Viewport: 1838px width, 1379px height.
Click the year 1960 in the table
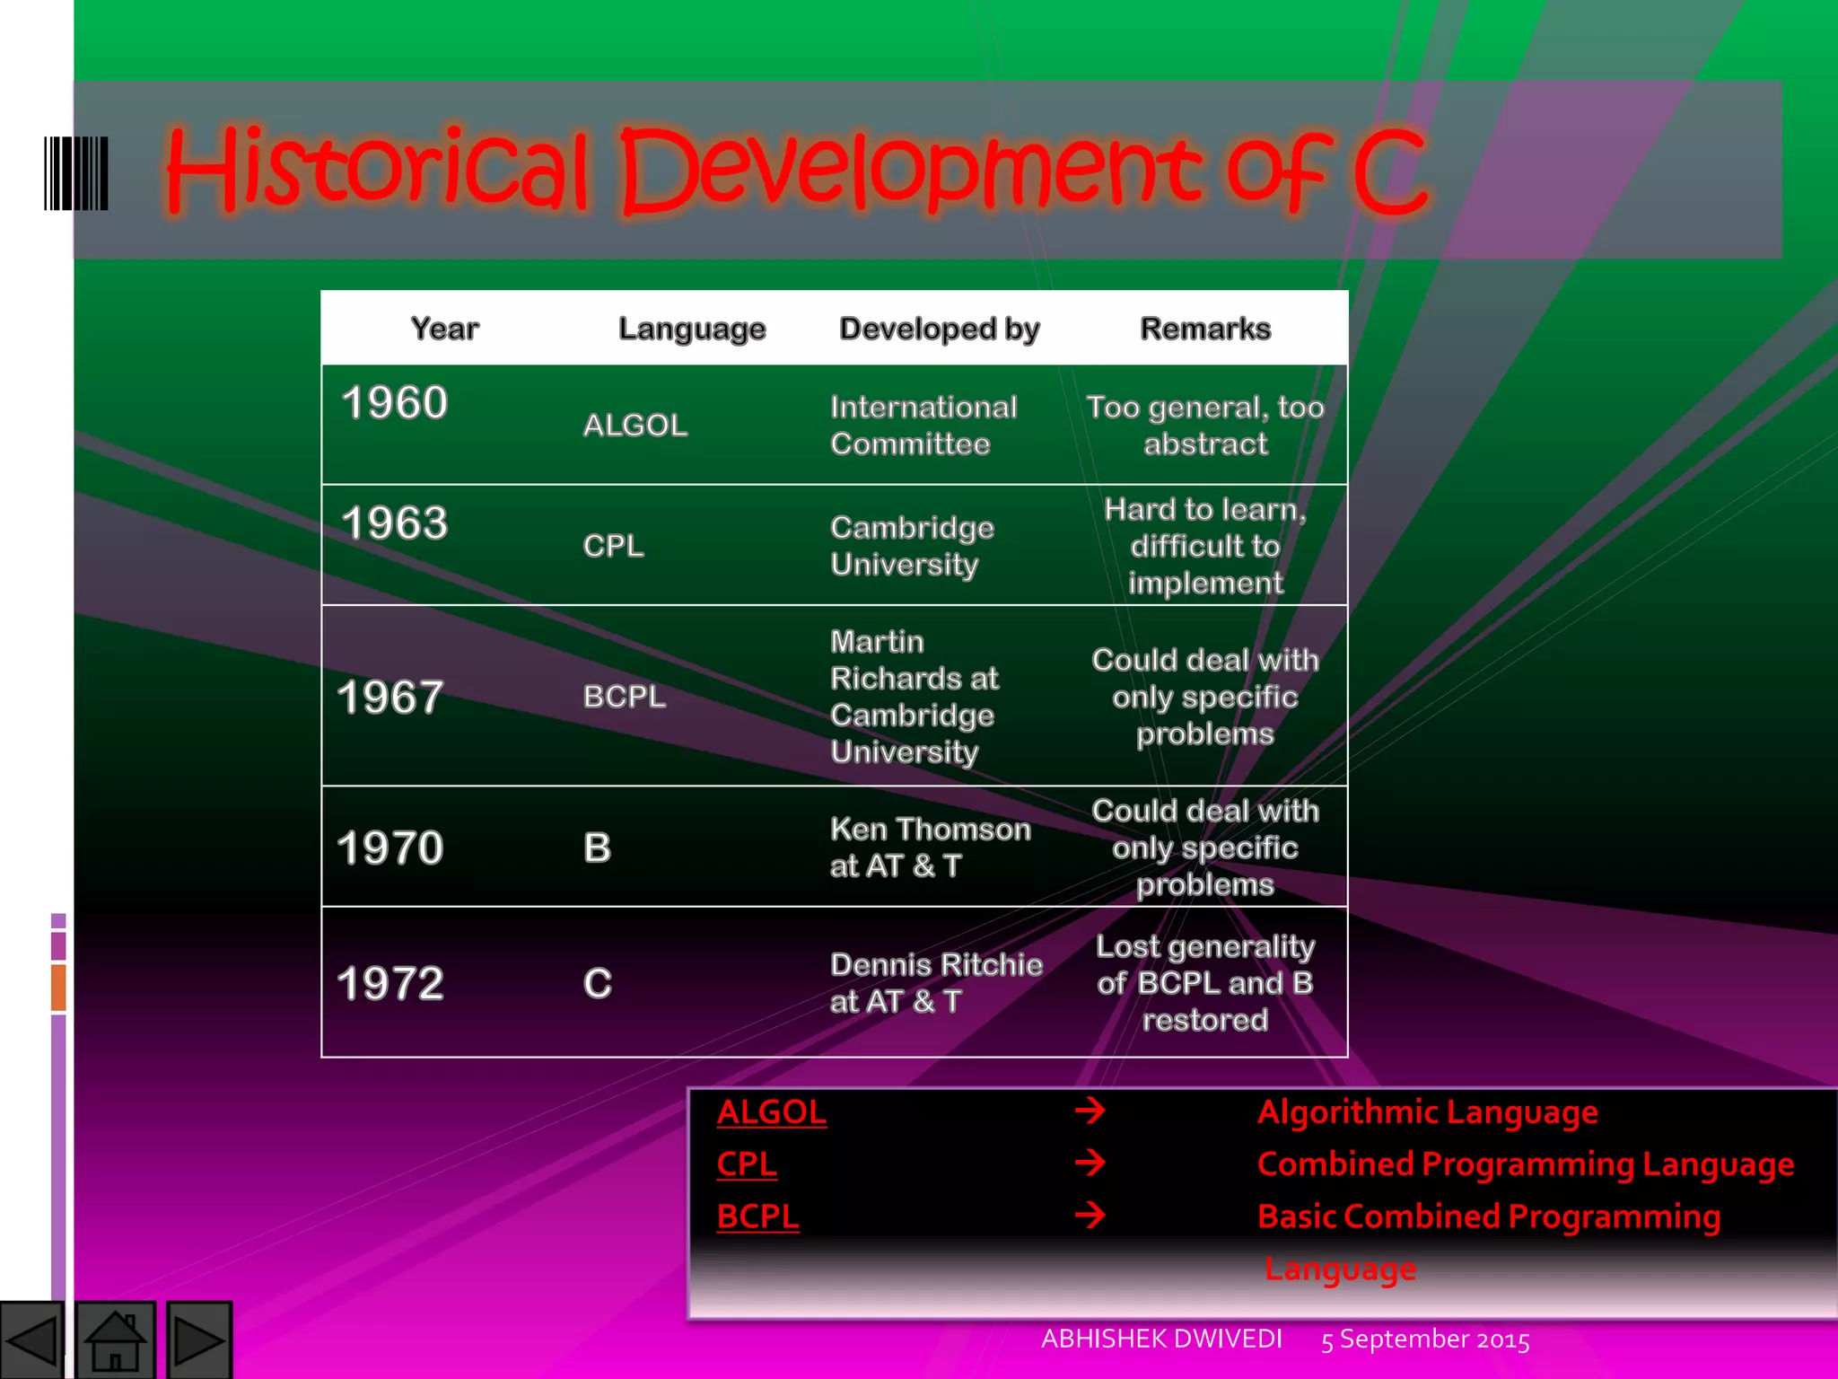[395, 402]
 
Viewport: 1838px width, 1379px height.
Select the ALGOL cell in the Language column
[635, 425]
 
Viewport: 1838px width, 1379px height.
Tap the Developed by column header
[939, 329]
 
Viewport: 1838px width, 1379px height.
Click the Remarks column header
[1205, 329]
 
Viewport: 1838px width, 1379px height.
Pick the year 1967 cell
[390, 697]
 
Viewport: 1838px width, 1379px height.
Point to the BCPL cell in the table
[625, 696]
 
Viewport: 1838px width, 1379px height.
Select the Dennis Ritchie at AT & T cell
[935, 982]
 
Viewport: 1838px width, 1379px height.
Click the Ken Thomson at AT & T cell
[930, 847]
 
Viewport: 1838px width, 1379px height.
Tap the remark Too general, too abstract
[1205, 425]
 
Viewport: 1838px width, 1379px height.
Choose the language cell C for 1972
[598, 983]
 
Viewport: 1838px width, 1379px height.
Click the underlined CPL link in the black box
[746, 1164]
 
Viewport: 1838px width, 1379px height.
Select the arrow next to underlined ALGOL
[1090, 1111]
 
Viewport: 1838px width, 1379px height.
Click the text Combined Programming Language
[1525, 1164]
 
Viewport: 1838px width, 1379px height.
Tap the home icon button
[115, 1340]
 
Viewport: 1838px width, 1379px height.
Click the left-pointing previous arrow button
[32, 1340]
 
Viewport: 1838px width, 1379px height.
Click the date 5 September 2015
[1425, 1339]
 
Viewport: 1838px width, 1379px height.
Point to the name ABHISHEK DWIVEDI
[1161, 1339]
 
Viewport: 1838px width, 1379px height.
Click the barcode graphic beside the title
[76, 173]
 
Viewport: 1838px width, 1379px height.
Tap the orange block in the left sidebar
[58, 987]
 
